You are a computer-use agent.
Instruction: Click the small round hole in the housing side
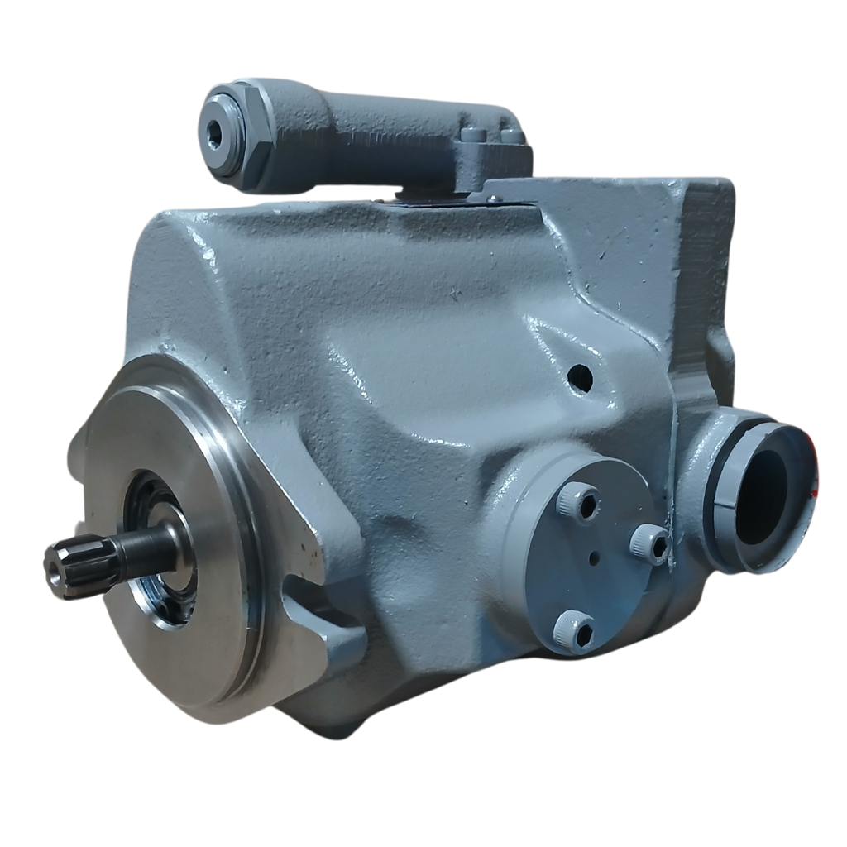581,378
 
